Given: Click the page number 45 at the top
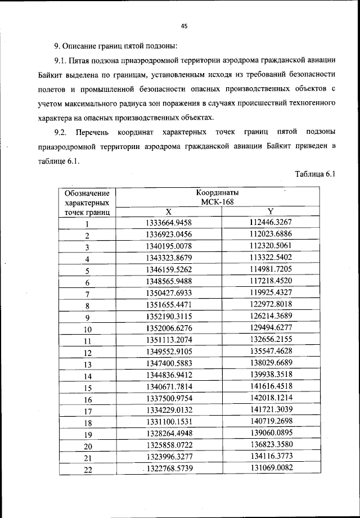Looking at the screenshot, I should [183, 25].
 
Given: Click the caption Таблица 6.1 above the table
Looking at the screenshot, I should [315, 174].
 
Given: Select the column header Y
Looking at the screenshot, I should [270, 211].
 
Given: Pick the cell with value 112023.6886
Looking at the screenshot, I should [271, 234].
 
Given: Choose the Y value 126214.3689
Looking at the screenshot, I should [271, 317].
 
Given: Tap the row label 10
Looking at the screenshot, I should [88, 330].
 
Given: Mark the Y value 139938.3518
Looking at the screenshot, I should [271, 376].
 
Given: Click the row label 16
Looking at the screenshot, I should [88, 400].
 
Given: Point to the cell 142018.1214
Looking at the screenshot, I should [271, 399].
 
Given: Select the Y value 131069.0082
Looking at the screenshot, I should [271, 469].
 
